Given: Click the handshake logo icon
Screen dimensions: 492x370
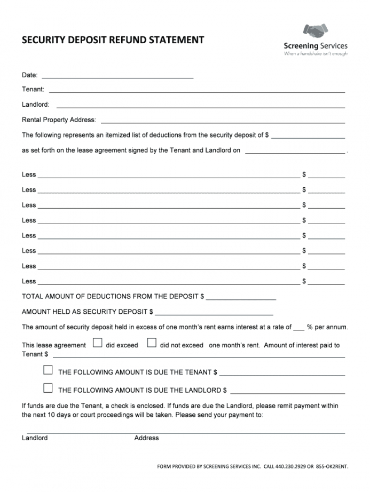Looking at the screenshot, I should pyautogui.click(x=316, y=31).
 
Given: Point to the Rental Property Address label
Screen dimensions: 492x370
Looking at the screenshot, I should pyautogui.click(x=59, y=120).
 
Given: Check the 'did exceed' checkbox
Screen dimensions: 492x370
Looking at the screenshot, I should pyautogui.click(x=98, y=343).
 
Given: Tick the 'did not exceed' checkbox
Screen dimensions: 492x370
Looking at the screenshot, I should pyautogui.click(x=152, y=343).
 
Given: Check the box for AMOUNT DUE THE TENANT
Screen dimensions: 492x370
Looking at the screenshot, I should pyautogui.click(x=48, y=370).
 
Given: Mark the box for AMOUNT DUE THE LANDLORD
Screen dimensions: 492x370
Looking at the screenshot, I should pyautogui.click(x=48, y=388).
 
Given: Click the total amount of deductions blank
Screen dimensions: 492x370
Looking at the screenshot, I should pyautogui.click(x=240, y=298).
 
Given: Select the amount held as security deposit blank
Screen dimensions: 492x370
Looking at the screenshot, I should pyautogui.click(x=214, y=313).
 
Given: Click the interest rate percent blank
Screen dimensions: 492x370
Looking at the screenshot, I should pyautogui.click(x=299, y=328).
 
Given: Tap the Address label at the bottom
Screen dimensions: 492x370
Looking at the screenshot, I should pyautogui.click(x=146, y=438).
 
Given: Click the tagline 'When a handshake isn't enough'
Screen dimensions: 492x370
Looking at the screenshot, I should pyautogui.click(x=316, y=53).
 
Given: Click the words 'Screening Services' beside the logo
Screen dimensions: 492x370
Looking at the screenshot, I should pyautogui.click(x=316, y=46).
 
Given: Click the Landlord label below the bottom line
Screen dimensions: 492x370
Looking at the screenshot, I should pyautogui.click(x=35, y=438).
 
